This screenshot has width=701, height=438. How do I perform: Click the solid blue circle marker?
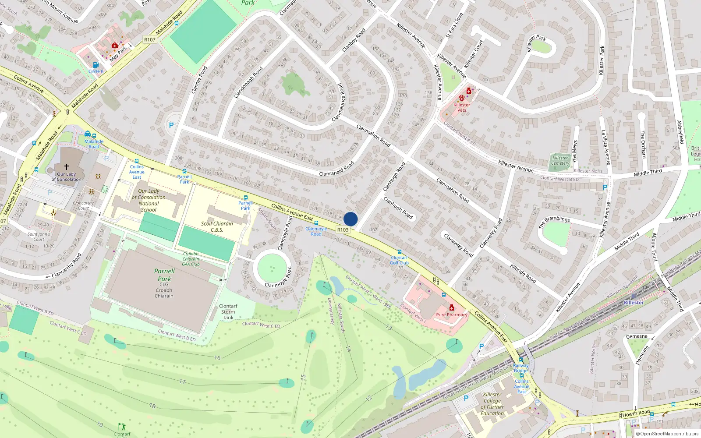coord(350,219)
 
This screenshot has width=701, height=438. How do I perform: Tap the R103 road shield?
coord(343,230)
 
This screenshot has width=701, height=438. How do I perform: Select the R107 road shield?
coord(150,40)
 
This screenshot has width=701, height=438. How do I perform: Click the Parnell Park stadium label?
coord(164,275)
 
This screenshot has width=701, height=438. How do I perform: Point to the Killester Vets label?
coord(461,107)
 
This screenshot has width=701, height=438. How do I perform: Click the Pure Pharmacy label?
coord(452,314)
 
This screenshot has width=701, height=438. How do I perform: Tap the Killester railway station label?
coord(634,303)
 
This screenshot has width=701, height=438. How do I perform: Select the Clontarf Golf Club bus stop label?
coord(399,260)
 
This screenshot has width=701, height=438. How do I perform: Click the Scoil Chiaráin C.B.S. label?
coord(217,226)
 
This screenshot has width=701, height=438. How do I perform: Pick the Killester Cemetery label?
coord(560,161)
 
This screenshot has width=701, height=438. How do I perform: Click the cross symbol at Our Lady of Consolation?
coord(67,167)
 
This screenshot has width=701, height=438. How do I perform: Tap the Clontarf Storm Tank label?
coord(228,312)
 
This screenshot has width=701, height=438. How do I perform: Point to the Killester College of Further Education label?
coord(492,404)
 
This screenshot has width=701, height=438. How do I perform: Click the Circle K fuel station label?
coord(96,71)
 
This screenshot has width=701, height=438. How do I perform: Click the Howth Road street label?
coord(636,413)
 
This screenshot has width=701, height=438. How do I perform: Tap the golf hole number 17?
coord(182,381)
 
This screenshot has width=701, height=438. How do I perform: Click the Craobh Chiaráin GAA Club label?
coord(191,259)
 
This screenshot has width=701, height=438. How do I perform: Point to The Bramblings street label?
coord(554,222)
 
